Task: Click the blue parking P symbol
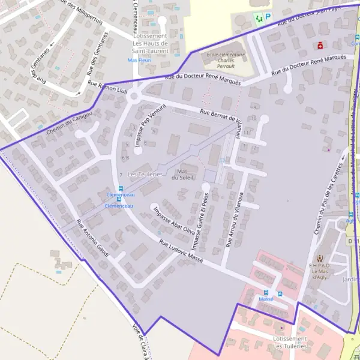pyautogui.click(x=268, y=18)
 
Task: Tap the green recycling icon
pyautogui.click(x=259, y=18)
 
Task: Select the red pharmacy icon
pyautogui.click(x=320, y=46)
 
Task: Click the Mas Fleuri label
pyautogui.click(x=140, y=60)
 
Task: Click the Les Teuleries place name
pyautogui.click(x=145, y=174)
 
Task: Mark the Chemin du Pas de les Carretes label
pyautogui.click(x=324, y=201)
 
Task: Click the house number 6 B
pyautogui.click(x=125, y=158)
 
